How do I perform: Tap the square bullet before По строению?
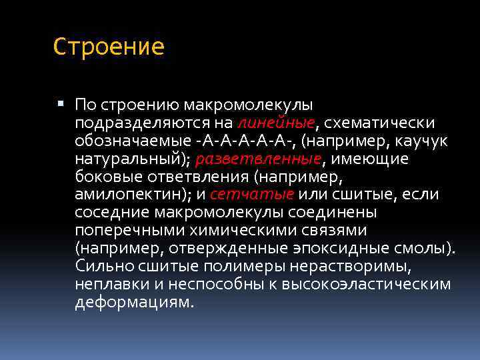click(61, 104)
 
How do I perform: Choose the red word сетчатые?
click(252, 195)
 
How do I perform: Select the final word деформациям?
click(135, 303)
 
